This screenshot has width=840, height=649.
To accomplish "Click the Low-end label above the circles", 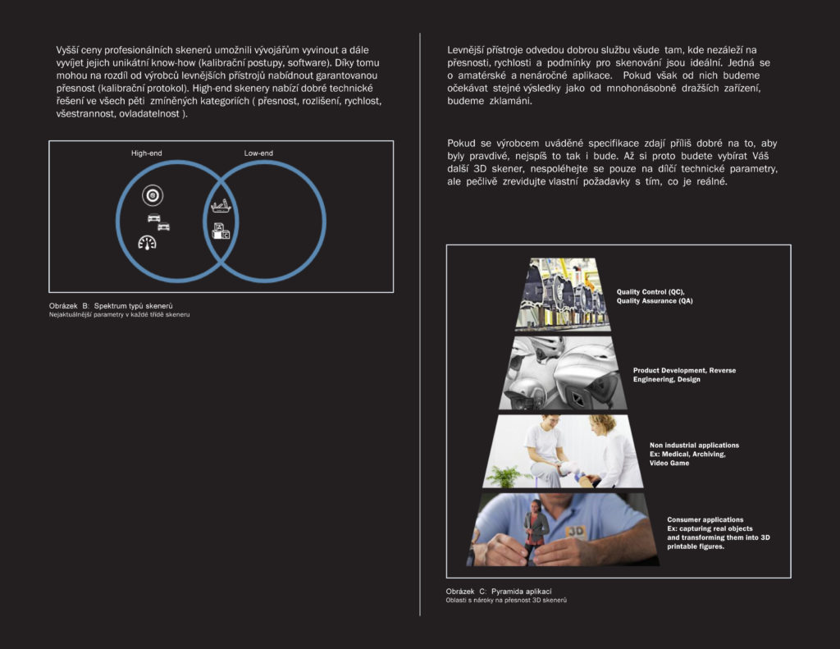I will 258,153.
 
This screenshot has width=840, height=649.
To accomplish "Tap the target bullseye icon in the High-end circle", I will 152,194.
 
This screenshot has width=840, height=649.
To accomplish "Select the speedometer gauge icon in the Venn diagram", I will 148,242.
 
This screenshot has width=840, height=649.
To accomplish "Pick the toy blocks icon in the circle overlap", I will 220,231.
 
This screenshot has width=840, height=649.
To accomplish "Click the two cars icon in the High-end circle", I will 158,222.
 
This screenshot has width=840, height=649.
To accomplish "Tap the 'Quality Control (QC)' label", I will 651,292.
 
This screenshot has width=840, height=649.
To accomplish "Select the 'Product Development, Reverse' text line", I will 684,371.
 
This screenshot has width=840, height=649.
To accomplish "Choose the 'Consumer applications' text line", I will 705,520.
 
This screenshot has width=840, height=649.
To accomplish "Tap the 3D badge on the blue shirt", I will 576,531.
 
